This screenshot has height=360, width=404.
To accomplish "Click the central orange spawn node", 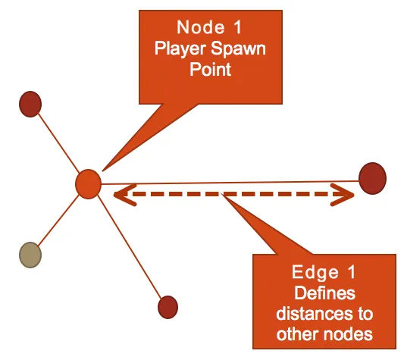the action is (x=88, y=184).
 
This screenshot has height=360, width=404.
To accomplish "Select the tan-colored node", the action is (x=30, y=255).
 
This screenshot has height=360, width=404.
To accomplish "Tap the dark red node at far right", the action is (x=373, y=178).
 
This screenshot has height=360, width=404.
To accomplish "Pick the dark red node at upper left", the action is (x=30, y=104).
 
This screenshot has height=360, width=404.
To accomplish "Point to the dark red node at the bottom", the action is (x=168, y=307).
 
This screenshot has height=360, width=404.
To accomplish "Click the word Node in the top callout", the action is (x=201, y=27).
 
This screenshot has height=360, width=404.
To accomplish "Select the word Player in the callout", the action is (x=180, y=49).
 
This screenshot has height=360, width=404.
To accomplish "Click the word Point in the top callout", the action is (x=211, y=69).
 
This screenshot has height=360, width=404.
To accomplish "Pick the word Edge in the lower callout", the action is (x=315, y=272).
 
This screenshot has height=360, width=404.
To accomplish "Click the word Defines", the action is (x=324, y=293).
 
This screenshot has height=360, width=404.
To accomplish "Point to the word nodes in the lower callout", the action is (x=348, y=334).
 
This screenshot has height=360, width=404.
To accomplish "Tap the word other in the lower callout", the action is (x=298, y=334).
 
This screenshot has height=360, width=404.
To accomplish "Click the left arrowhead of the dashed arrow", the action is (x=124, y=195).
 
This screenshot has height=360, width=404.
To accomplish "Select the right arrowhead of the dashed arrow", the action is (x=343, y=195).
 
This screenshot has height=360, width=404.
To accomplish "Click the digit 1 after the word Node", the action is (x=237, y=27).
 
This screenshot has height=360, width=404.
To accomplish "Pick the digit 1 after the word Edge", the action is (x=352, y=272).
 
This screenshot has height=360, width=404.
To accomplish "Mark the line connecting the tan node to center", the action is (x=59, y=220).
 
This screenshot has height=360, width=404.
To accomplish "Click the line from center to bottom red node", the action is (x=130, y=246).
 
